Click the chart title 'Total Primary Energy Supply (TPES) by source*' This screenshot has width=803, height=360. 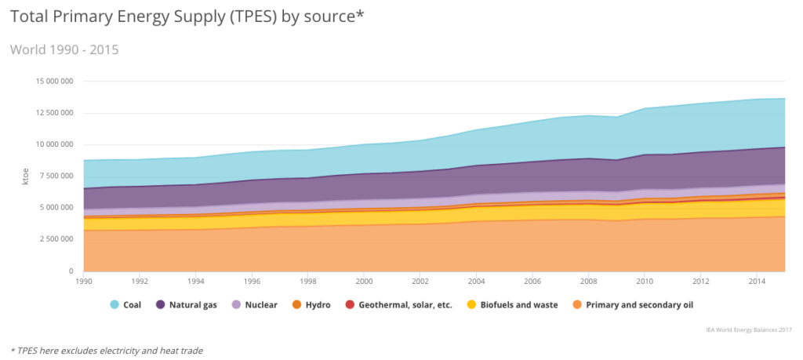(x=187, y=16)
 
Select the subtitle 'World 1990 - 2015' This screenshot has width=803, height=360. (x=64, y=49)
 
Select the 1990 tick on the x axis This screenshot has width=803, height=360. (x=83, y=279)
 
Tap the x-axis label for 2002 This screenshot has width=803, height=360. (x=420, y=279)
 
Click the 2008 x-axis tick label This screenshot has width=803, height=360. (x=588, y=279)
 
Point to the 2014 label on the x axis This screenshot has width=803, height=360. (x=757, y=279)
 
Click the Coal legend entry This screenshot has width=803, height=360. (x=125, y=305)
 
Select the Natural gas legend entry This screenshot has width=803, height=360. (x=186, y=305)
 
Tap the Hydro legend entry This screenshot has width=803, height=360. (x=311, y=305)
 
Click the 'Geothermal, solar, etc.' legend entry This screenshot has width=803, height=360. (x=398, y=305)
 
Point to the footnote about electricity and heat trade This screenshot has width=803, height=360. (x=106, y=351)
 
